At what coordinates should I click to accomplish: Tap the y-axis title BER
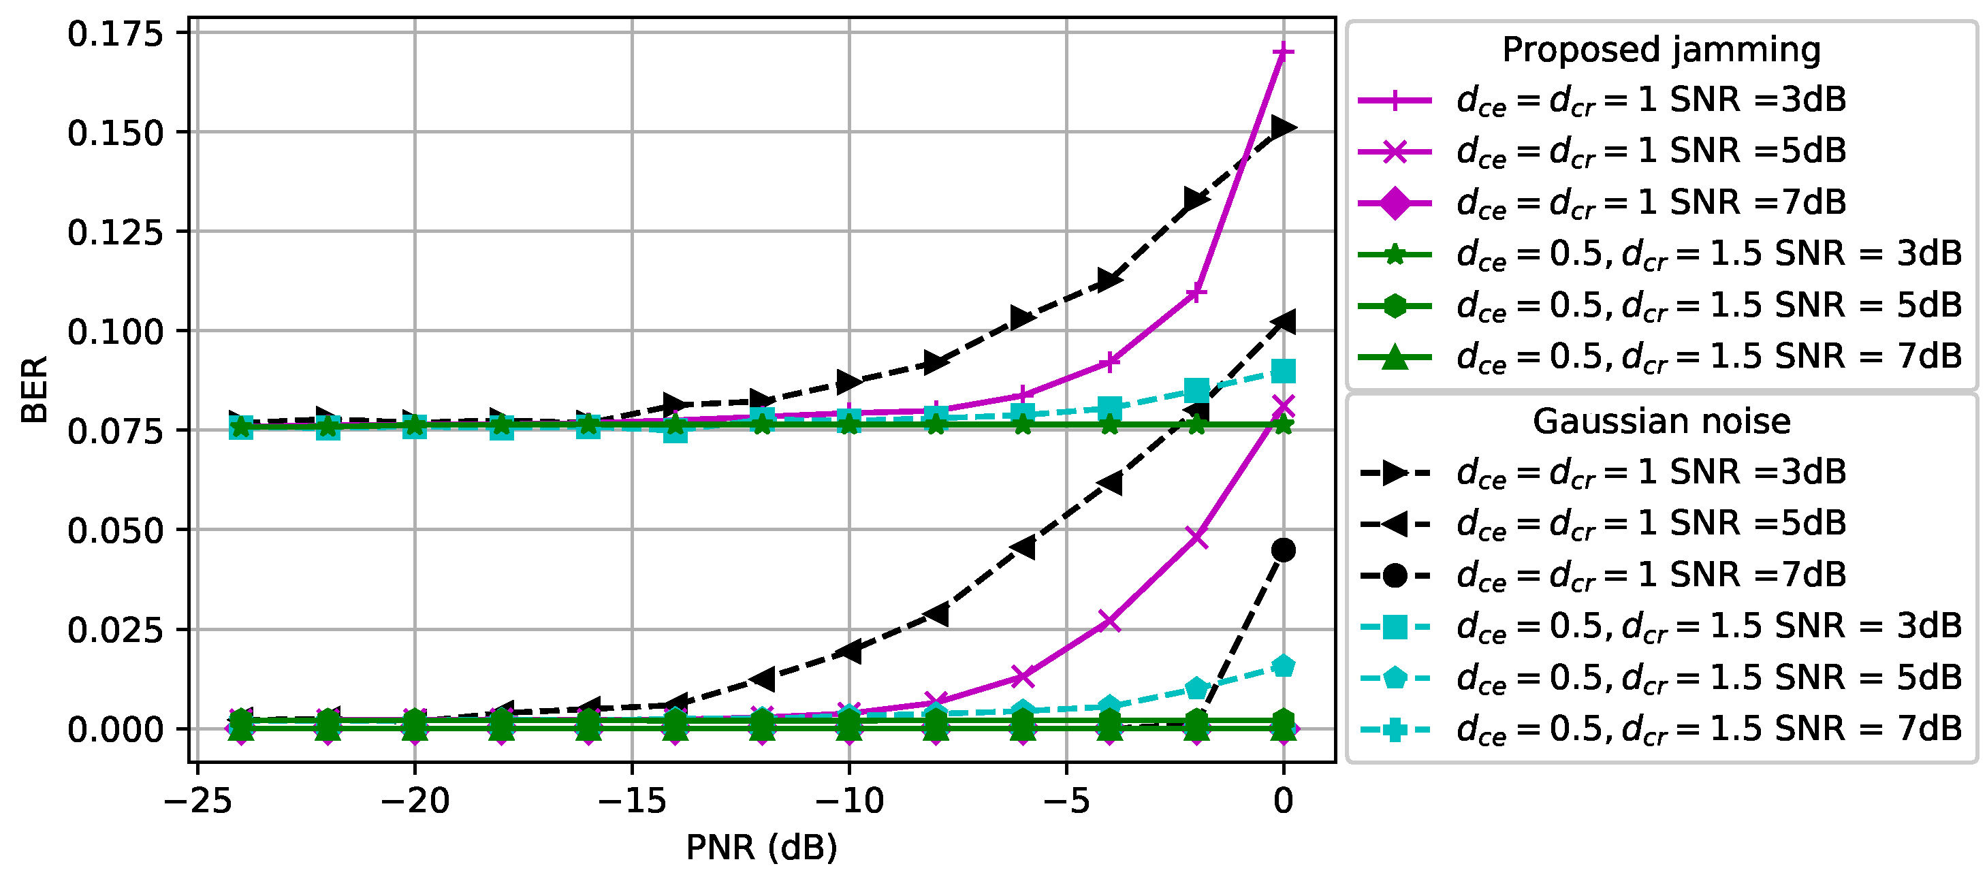pyautogui.click(x=35, y=389)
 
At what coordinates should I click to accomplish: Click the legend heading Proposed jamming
pyautogui.click(x=1661, y=49)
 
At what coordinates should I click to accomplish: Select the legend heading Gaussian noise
pyautogui.click(x=1661, y=421)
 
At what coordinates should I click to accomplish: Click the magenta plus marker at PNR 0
pyautogui.click(x=1283, y=52)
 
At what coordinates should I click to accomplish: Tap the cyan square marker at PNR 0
pyautogui.click(x=1284, y=372)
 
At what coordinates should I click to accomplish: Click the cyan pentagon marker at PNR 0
pyautogui.click(x=1284, y=666)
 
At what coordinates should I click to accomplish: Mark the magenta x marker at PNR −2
pyautogui.click(x=1196, y=537)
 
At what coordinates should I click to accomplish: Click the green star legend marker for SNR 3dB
pyautogui.click(x=1395, y=255)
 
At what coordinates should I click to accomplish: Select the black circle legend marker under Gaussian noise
pyautogui.click(x=1395, y=575)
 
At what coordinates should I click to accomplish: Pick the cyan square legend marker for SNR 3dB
pyautogui.click(x=1395, y=627)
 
